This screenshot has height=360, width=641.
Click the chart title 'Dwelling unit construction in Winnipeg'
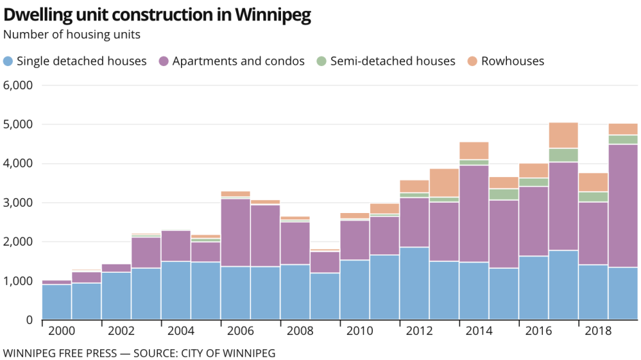pyautogui.click(x=157, y=15)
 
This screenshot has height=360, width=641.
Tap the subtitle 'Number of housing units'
pyautogui.click(x=72, y=35)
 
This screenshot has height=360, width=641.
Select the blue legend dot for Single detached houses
pyautogui.click(x=8, y=62)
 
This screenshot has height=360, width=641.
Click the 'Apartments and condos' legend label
pyautogui.click(x=238, y=62)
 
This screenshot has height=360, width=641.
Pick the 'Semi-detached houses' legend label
pyautogui.click(x=392, y=62)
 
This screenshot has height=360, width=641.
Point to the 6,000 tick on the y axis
pyautogui.click(x=19, y=85)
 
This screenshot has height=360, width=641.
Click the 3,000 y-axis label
pyautogui.click(x=19, y=203)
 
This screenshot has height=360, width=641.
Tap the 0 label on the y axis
pyautogui.click(x=28, y=320)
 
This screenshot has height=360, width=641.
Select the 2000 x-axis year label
pyautogui.click(x=57, y=331)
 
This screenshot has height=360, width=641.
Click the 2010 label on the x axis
pyautogui.click(x=355, y=331)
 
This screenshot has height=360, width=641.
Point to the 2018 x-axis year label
pyautogui.click(x=594, y=331)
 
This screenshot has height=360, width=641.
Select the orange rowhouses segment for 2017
pyautogui.click(x=563, y=135)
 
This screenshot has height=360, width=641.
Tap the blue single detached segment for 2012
pyautogui.click(x=415, y=283)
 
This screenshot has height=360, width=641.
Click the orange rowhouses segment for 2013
pyautogui.click(x=444, y=182)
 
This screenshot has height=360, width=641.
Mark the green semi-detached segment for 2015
pyautogui.click(x=504, y=194)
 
